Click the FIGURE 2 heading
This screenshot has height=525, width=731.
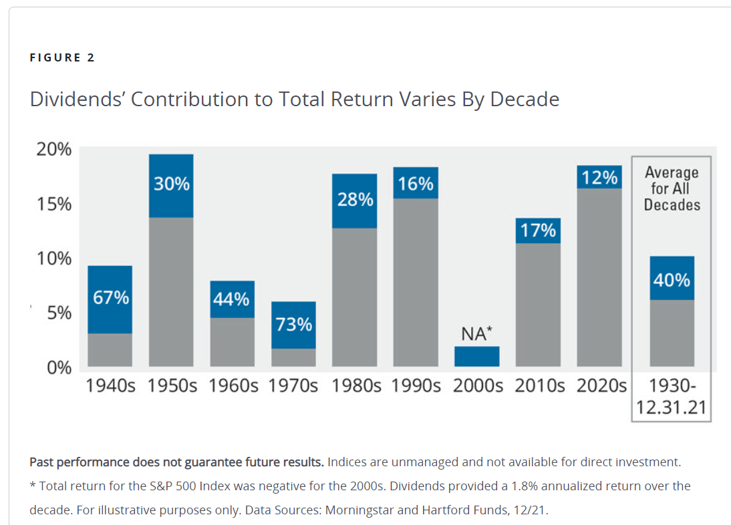tap(62, 57)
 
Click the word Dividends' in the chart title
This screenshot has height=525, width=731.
tap(77, 100)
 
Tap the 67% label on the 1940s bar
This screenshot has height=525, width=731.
tap(111, 298)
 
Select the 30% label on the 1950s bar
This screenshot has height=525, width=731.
tap(172, 184)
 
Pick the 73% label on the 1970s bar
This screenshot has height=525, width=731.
tap(294, 325)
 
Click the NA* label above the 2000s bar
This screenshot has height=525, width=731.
tap(476, 333)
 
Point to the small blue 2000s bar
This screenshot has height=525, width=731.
tap(476, 356)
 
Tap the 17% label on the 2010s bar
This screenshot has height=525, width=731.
tap(538, 230)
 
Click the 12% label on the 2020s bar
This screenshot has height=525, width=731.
tap(599, 177)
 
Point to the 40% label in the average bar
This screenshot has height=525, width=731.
tap(672, 279)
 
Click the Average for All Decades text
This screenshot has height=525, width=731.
tap(672, 189)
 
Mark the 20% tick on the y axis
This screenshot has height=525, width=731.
tap(53, 149)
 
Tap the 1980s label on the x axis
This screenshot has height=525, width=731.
tap(355, 387)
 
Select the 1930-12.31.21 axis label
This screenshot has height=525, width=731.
tap(672, 397)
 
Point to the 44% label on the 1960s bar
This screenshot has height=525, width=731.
tap(232, 300)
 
